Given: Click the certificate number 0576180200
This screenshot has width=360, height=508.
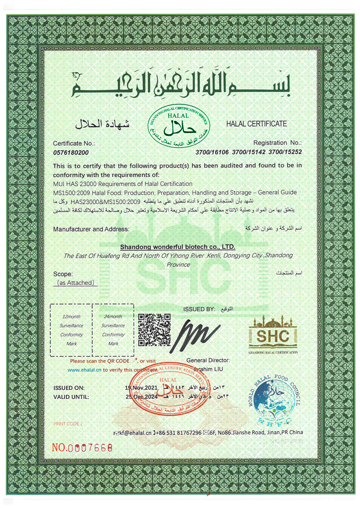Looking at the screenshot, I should [71, 153].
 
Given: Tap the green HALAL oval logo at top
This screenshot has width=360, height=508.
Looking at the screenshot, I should [180, 126].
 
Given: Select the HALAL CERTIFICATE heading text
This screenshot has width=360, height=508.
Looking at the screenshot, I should [256, 123].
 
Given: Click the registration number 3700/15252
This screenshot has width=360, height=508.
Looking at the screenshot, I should [286, 153].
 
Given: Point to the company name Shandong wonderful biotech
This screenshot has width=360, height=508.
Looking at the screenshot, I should [178, 247].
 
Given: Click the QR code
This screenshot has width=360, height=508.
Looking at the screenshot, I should [154, 330].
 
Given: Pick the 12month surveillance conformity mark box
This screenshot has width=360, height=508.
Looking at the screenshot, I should [72, 330].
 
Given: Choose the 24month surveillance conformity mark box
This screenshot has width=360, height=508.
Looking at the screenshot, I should [113, 330].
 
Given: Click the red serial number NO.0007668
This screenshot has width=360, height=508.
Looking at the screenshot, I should [82, 448].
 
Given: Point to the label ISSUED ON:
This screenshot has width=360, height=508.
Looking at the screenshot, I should [69, 387].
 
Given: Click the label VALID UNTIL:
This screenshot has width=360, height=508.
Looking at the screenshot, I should [71, 397].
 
